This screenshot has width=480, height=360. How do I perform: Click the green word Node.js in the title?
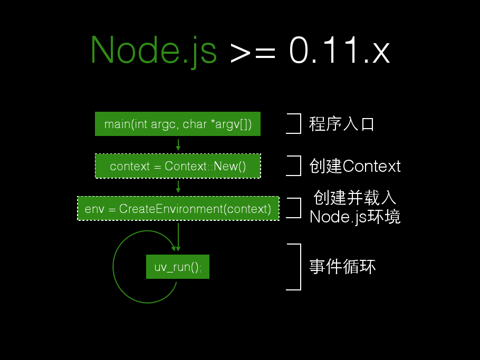pyautogui.click(x=153, y=51)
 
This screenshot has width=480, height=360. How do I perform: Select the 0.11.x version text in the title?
pyautogui.click(x=340, y=51)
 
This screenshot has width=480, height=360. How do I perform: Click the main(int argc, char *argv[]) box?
pyautogui.click(x=178, y=124)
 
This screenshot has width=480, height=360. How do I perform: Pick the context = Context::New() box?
pyautogui.click(x=178, y=166)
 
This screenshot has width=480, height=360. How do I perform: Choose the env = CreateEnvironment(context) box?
pyautogui.click(x=178, y=208)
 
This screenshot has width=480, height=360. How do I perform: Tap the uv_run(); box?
pyautogui.click(x=177, y=267)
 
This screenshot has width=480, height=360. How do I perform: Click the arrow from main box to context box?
pyautogui.click(x=178, y=145)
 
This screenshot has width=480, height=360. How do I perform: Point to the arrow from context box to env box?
pyautogui.click(x=178, y=187)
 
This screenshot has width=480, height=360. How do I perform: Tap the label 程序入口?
pyautogui.click(x=341, y=124)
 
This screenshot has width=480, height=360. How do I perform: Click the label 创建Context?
pyautogui.click(x=355, y=166)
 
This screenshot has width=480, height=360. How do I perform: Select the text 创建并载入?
pyautogui.click(x=354, y=198)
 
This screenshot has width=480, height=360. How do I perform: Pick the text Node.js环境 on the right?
pyautogui.click(x=355, y=217)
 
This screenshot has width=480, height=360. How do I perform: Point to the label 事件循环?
pyautogui.click(x=342, y=267)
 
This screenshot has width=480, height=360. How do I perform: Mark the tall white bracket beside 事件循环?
pyautogui.click(x=299, y=267)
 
